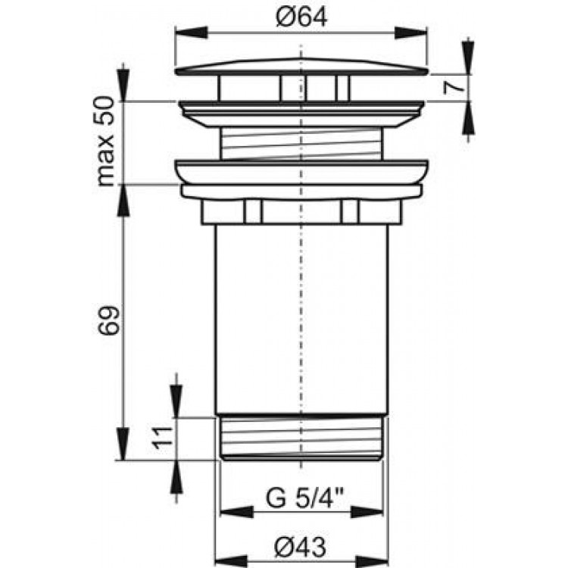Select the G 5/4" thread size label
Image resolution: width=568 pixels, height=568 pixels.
[x=301, y=500]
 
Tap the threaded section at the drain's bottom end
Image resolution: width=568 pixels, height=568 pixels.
[x=301, y=438]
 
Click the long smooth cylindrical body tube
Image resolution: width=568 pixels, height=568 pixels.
[x=301, y=318]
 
